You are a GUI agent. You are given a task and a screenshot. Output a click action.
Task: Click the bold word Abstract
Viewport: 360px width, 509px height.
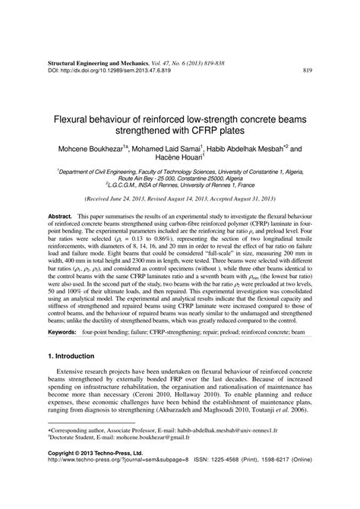point(61,217)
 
